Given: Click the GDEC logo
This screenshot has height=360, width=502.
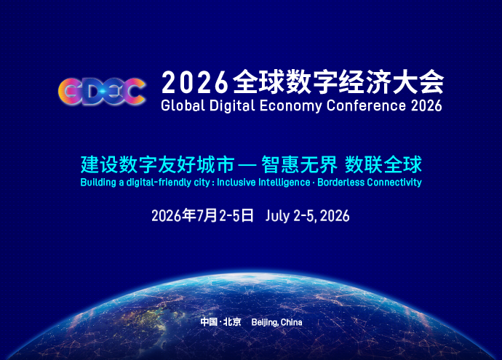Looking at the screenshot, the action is click(102, 91).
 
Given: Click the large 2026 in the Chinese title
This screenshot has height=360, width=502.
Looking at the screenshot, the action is click(195, 83).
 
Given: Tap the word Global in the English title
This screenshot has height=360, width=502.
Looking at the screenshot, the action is click(183, 105).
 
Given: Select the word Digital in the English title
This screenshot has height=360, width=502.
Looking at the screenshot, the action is click(232, 106).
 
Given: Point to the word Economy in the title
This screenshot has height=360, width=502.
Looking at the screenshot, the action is click(291, 106).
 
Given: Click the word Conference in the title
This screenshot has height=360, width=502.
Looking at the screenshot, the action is click(366, 105).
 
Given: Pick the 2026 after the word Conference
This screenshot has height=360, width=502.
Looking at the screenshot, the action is click(426, 105).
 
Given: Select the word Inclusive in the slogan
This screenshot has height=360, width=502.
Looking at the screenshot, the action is click(236, 182).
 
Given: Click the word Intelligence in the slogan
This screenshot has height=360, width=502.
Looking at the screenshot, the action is click(284, 183).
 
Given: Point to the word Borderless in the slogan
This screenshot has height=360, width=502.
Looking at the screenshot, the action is click(340, 182).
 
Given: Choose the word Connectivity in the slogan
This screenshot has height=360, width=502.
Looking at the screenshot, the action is click(394, 183).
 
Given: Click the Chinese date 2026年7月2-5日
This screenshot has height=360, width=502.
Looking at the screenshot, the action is click(202, 215).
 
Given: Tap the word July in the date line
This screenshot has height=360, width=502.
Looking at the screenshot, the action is click(278, 216).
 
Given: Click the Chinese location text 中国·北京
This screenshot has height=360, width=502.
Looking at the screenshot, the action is click(220, 321).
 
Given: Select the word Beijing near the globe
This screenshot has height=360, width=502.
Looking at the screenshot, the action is click(265, 322).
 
